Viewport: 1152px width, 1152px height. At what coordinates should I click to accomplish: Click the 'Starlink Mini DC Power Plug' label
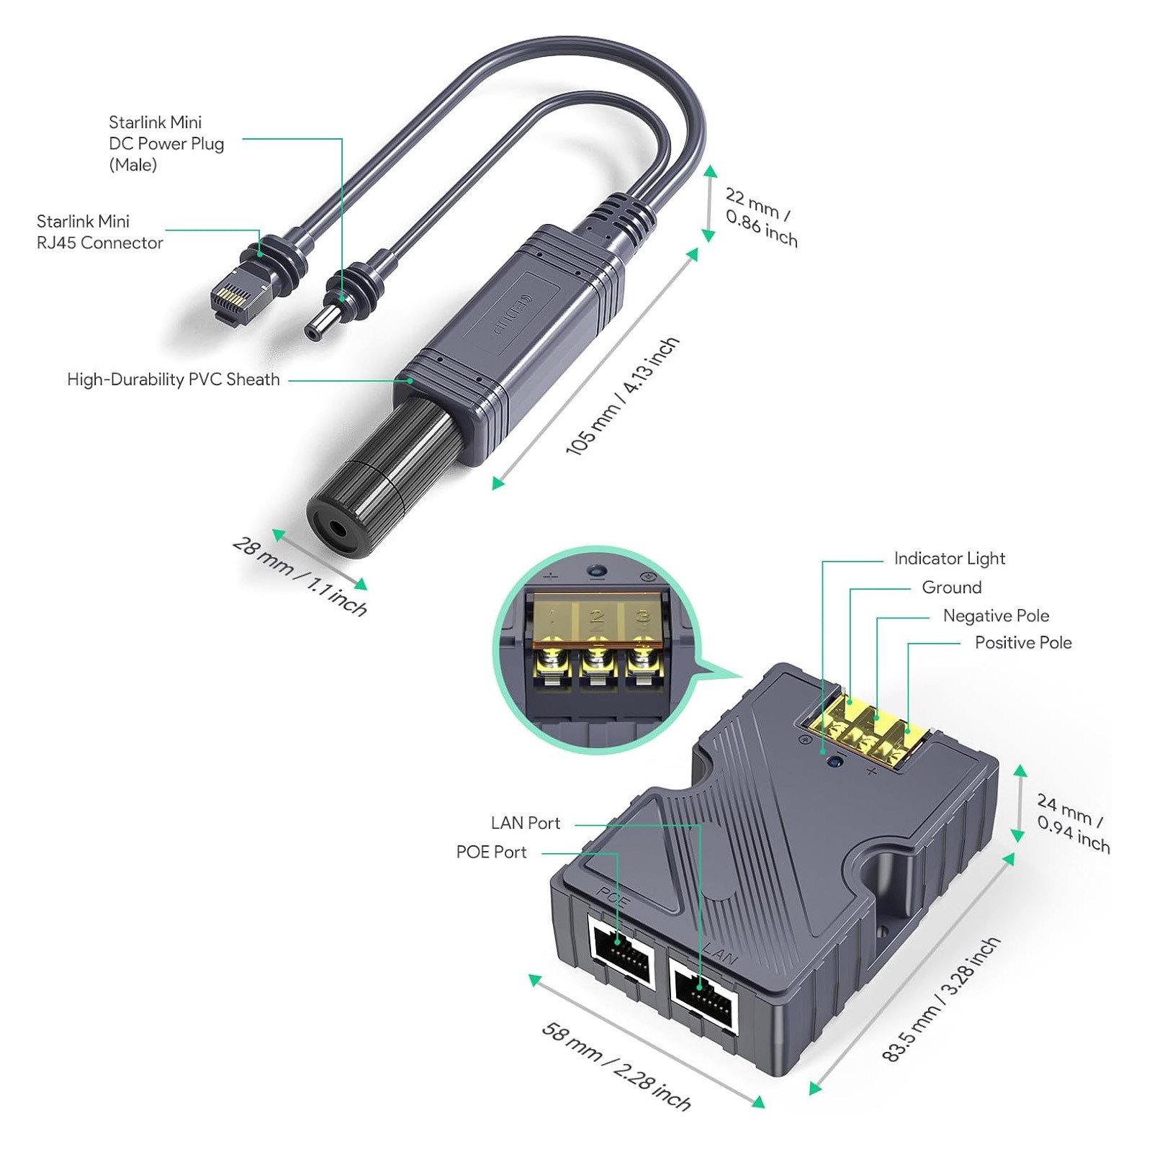166,143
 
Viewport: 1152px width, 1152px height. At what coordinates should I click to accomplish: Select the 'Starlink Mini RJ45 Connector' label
99,232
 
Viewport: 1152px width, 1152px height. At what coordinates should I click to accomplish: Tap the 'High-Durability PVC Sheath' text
173,379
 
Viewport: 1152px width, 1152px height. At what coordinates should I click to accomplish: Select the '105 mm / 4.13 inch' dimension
622,396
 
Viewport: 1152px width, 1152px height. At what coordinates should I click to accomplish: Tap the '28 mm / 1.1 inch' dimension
300,577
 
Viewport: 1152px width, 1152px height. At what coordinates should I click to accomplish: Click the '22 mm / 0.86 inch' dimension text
760,217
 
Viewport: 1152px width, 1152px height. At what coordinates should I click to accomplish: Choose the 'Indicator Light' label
949,559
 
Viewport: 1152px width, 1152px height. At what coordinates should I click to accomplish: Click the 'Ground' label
951,588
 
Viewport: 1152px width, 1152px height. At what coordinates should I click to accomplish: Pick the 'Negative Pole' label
996,616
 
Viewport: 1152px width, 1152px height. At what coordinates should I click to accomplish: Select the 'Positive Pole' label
1022,642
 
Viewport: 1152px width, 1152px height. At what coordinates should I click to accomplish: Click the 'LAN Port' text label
525,823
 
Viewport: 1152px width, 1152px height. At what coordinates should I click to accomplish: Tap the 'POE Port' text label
491,852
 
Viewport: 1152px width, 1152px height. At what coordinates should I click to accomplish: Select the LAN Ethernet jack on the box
703,991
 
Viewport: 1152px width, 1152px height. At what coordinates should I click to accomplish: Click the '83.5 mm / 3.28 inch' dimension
940,999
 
